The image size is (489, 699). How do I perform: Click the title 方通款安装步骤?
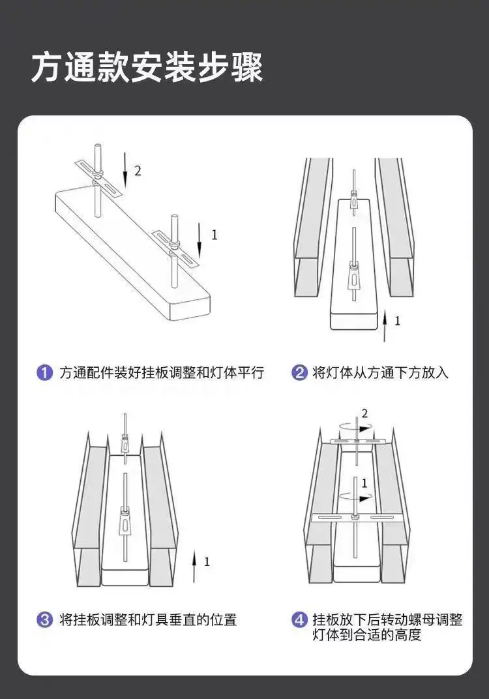[x=147, y=67]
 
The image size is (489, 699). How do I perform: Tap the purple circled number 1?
[x=44, y=372]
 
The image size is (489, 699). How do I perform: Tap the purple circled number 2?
[x=299, y=372]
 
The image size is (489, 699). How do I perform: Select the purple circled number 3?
[x=44, y=619]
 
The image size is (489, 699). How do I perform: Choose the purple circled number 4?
[x=299, y=619]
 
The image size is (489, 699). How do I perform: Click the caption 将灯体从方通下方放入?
[x=381, y=372]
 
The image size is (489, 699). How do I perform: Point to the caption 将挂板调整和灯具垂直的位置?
[x=148, y=619]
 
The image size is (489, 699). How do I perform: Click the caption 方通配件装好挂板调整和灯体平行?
[x=162, y=372]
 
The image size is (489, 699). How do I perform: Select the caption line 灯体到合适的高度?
[x=367, y=635]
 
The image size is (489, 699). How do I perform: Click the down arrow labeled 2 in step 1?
[x=125, y=170]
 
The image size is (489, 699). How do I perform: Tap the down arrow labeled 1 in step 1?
[x=200, y=241]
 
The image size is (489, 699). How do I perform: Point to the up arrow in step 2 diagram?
[x=385, y=326]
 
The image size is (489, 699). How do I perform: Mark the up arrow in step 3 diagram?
[x=194, y=566]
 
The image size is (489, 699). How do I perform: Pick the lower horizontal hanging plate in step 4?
[x=356, y=518]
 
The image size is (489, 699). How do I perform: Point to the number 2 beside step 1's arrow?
[x=138, y=171]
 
